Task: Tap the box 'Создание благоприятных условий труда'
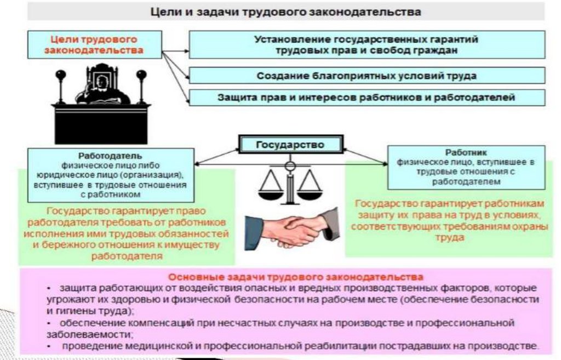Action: [367, 76]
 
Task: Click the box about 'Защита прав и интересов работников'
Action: [367, 98]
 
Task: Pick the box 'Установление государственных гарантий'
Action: [367, 45]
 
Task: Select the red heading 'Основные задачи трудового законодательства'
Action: [296, 277]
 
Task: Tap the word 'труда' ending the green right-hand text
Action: [449, 238]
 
